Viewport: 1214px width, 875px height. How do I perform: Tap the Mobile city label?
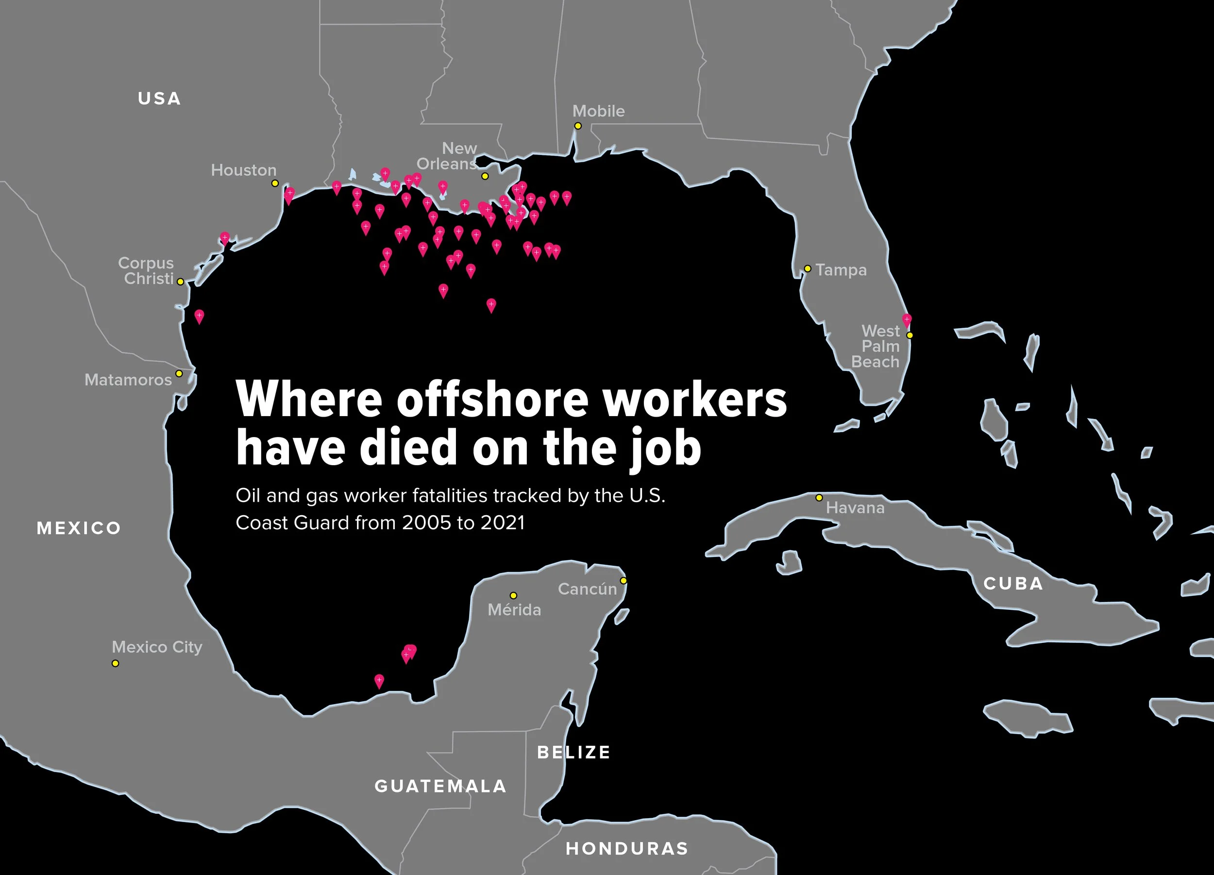tap(598, 111)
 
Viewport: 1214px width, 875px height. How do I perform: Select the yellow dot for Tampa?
tap(808, 268)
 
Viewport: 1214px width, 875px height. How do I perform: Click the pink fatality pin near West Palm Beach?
tap(907, 320)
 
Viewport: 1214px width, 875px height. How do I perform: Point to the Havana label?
tap(855, 508)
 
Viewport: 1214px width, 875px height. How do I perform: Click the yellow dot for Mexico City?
tap(115, 663)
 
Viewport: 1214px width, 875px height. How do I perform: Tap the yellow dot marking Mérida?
tap(513, 595)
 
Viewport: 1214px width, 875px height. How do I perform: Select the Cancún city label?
tap(587, 589)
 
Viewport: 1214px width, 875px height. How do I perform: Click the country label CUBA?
tap(1013, 583)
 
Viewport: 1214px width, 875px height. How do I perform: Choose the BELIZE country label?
tap(573, 752)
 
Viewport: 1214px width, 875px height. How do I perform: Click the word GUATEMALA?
tap(440, 786)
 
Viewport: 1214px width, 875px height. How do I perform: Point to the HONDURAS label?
tap(627, 848)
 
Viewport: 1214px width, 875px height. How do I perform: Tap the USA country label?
tap(159, 99)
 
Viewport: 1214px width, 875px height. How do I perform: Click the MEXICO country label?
tap(79, 528)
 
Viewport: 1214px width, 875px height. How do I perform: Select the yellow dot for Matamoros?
tap(179, 373)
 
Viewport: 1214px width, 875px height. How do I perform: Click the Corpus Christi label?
tap(146, 271)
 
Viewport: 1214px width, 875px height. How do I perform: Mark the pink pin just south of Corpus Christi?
tap(199, 316)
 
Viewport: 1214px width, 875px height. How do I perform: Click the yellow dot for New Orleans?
tap(485, 176)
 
